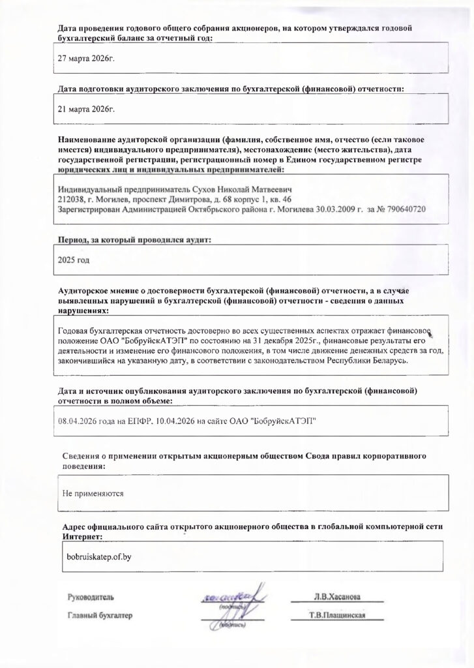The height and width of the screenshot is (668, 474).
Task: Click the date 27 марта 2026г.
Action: pyautogui.click(x=86, y=58)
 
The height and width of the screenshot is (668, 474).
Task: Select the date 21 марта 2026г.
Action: pyautogui.click(x=86, y=109)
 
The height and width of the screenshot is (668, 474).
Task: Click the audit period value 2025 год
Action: pyautogui.click(x=74, y=260)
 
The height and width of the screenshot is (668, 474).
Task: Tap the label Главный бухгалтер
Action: pyautogui.click(x=100, y=615)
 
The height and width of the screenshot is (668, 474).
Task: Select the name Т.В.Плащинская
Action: pyautogui.click(x=338, y=615)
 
